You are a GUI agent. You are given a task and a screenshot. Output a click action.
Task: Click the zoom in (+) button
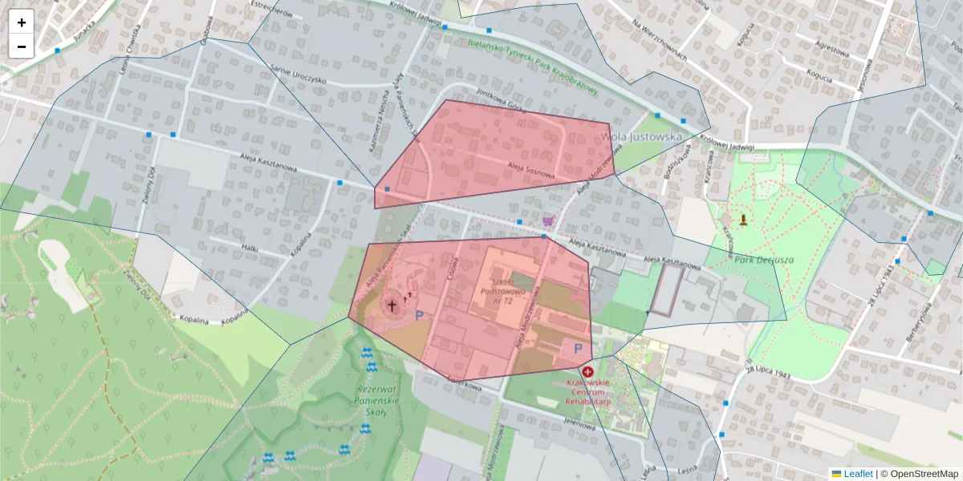22,22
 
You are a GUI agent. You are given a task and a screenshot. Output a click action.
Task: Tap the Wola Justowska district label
642,137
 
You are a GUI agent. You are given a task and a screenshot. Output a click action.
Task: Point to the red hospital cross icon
587,372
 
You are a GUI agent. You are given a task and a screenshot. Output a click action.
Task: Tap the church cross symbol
392,305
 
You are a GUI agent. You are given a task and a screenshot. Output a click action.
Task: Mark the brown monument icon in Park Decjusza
744,219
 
